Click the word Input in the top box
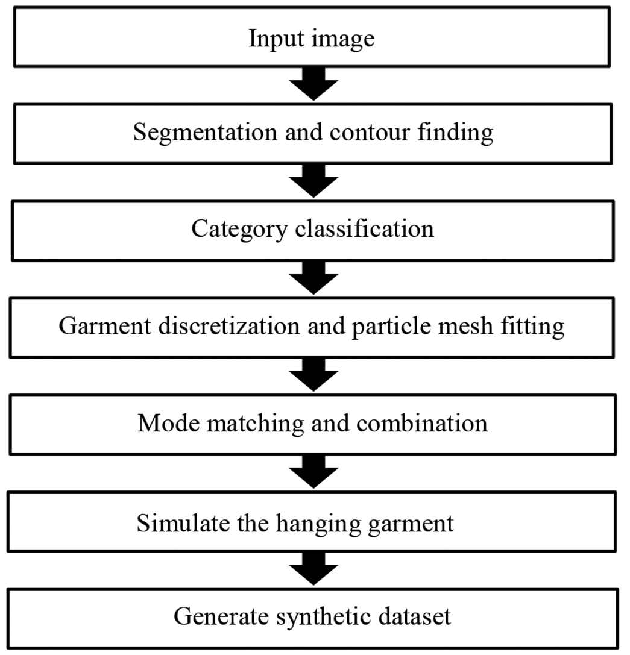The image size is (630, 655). pyautogui.click(x=276, y=39)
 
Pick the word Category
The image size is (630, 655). pyautogui.click(x=239, y=230)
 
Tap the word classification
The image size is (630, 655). pyautogui.click(x=365, y=229)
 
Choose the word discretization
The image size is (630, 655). pyautogui.click(x=229, y=326)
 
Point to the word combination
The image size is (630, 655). pyautogui.click(x=422, y=423)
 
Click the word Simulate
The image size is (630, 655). pyautogui.click(x=183, y=522)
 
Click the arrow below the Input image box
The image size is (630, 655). pyautogui.click(x=313, y=84)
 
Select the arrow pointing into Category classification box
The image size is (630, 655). pyautogui.click(x=313, y=181)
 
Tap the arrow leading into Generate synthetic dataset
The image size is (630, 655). pyautogui.click(x=313, y=568)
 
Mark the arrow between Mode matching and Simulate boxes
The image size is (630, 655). pyautogui.click(x=313, y=472)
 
